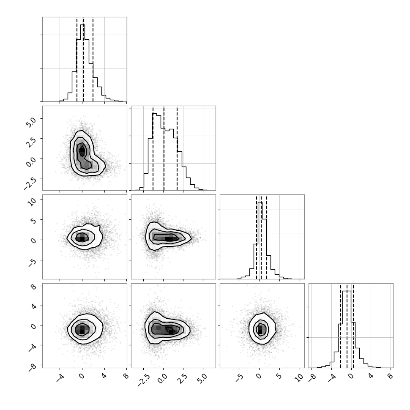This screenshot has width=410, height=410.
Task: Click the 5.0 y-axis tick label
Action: pos(31,122)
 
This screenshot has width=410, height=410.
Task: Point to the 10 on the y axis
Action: pos(32,202)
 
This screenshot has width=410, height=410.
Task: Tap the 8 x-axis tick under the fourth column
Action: pos(389,376)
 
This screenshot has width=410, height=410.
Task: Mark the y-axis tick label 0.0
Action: pos(31,162)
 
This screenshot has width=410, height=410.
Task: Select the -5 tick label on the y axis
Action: pos(33,262)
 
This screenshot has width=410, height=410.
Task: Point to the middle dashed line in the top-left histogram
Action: pos(83,60)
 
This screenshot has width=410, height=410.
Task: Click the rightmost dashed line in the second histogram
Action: pos(177,148)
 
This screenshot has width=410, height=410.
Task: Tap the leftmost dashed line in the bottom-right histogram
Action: pos(341,326)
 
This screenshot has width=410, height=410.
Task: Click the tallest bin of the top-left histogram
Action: pos(82,63)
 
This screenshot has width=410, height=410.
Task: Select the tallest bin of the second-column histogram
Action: pos(155,152)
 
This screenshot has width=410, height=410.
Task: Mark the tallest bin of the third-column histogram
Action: pos(260,241)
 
